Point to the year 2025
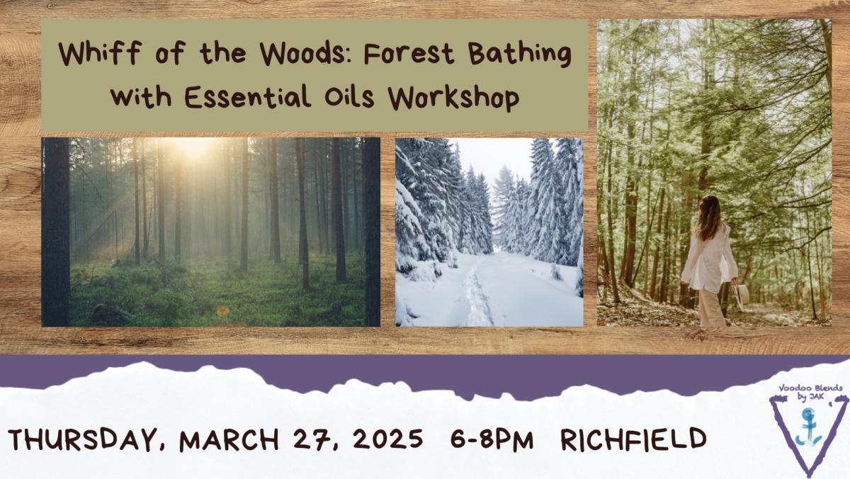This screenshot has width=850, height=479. click(387, 440)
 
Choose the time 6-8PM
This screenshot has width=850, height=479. click(492, 440)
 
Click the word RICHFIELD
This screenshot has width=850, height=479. click(633, 439)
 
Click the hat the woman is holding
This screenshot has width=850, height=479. click(742, 294)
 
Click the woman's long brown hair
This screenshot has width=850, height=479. click(708, 216)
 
